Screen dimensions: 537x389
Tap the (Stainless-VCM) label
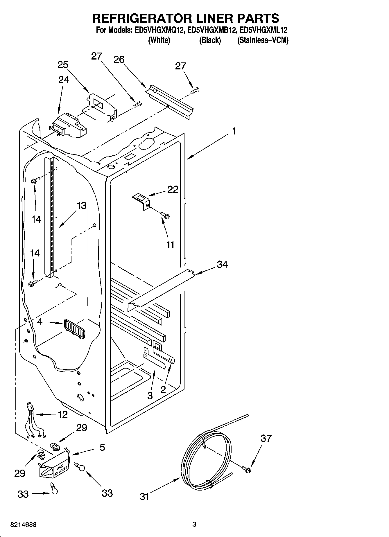pos(263,40)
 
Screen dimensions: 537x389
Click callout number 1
pos(234,131)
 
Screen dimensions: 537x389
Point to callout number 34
pos(222,265)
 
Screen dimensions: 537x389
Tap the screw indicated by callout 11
pos(165,215)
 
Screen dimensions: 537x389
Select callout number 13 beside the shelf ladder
pos(82,206)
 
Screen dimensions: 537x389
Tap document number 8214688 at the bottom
pos(23,525)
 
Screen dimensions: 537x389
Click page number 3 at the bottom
pos(194,524)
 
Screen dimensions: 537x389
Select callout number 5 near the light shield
pos(102,447)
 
